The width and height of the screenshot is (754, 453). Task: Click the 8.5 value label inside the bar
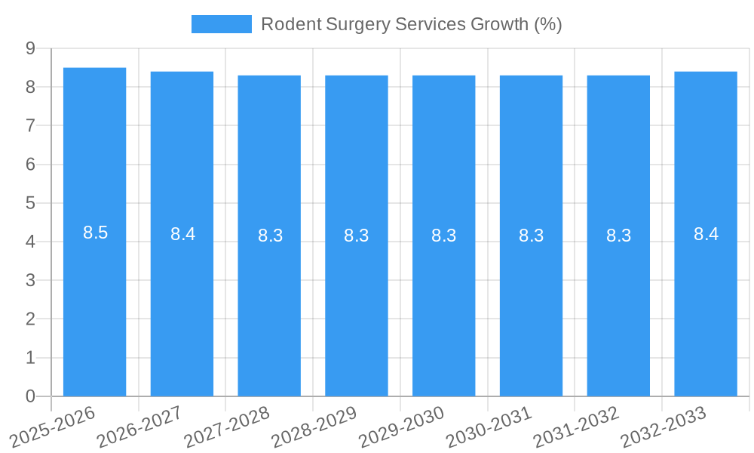click(x=96, y=233)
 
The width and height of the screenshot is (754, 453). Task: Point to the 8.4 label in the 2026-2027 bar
click(x=182, y=234)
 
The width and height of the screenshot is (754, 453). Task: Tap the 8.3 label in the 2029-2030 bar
click(x=444, y=236)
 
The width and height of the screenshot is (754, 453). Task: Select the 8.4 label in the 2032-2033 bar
click(x=706, y=234)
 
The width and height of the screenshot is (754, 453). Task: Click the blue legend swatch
click(x=221, y=24)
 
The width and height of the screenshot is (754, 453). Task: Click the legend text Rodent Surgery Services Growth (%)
click(x=411, y=24)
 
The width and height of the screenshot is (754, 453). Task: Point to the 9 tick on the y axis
click(x=31, y=48)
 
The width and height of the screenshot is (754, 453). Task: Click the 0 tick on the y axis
click(x=31, y=396)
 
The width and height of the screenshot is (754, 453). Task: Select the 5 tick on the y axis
click(x=31, y=203)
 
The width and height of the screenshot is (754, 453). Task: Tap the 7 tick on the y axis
click(x=31, y=125)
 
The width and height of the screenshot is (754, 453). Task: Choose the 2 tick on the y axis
click(x=31, y=319)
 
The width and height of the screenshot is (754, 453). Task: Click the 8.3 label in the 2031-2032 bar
click(x=618, y=236)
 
